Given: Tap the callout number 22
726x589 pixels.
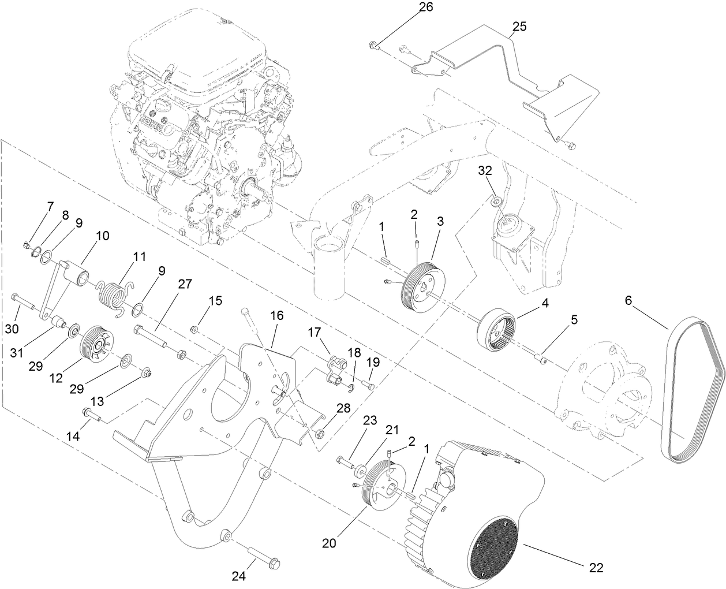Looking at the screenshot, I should (x=596, y=568).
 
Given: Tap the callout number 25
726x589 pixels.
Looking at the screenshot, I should (x=519, y=27).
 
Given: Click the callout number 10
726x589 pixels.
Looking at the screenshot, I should (x=102, y=236).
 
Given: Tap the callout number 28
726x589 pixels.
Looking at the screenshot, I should (x=343, y=408).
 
